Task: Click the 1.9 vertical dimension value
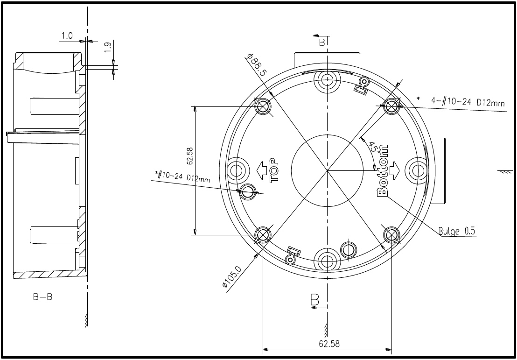[x=107, y=47]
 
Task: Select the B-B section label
[x=42, y=297]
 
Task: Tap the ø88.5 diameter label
[x=257, y=65]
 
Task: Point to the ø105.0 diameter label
[x=232, y=277]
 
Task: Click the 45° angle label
[x=373, y=149]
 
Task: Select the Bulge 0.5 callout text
[x=457, y=231]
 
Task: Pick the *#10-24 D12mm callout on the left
[x=182, y=176]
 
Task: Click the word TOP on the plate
[x=274, y=168]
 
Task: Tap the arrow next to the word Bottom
[x=395, y=169]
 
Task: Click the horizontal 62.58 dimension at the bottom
[x=329, y=344]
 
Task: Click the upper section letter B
[x=321, y=42]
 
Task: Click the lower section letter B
[x=314, y=299]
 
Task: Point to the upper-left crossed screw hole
[x=263, y=106]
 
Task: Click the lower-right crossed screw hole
[x=391, y=235]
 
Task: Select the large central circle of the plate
[x=327, y=170]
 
